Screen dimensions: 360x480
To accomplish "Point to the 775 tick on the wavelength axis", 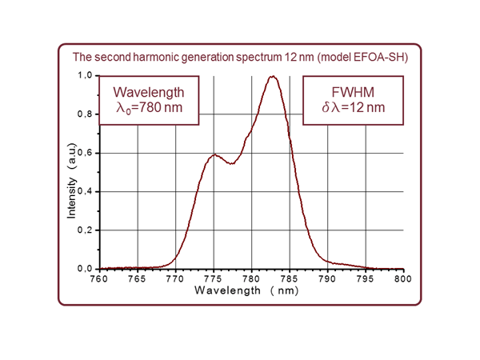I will click(x=214, y=279).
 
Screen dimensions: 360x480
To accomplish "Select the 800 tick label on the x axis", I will click(x=403, y=279).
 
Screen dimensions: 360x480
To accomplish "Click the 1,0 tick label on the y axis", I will click(x=84, y=76).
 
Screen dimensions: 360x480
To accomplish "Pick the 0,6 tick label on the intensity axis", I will click(x=84, y=153).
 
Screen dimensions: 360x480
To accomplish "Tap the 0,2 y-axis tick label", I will click(x=84, y=230).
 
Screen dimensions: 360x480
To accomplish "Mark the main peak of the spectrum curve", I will click(x=273, y=77).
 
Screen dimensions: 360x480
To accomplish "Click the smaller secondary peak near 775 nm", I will click(x=214, y=155).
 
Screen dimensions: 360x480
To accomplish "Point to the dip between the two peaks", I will click(x=231, y=164).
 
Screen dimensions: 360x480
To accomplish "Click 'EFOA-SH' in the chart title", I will click(x=382, y=57).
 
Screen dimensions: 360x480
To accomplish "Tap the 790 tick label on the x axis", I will click(x=327, y=279).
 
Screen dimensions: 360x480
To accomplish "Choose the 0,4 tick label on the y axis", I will click(x=84, y=192).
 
